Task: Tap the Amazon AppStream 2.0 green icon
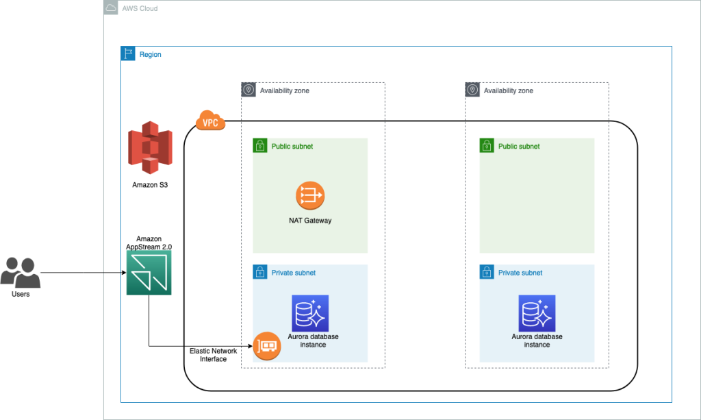[149, 273]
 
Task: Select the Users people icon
[20, 272]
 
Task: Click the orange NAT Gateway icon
[310, 196]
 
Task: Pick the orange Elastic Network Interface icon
[267, 346]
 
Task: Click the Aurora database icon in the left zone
[310, 313]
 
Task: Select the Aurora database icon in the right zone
[537, 313]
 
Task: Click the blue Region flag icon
[128, 54]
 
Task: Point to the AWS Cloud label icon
[111, 8]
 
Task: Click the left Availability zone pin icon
[248, 90]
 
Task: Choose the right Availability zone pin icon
[472, 90]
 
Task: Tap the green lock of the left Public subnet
[260, 146]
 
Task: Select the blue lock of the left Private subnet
[260, 272]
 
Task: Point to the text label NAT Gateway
[310, 221]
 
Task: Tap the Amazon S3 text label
[150, 185]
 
